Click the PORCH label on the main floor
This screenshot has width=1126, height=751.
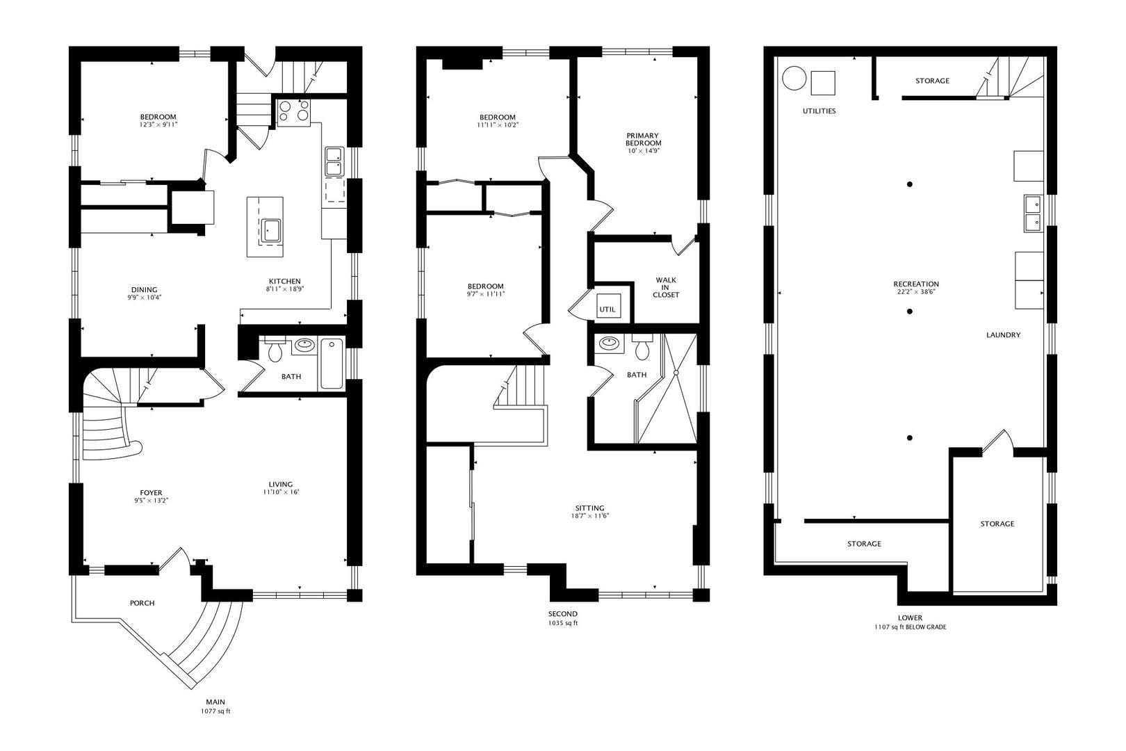142,603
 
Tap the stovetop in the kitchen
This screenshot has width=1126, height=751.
293,111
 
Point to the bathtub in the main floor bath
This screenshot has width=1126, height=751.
332,364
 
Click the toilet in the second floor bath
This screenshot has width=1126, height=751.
642,348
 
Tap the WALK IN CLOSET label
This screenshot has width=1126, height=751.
666,287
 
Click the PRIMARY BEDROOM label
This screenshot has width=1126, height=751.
643,139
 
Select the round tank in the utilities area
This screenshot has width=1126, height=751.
794,79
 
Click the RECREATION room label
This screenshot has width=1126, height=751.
916,284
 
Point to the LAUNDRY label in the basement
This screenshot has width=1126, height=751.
1003,335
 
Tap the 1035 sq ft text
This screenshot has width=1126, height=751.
562,623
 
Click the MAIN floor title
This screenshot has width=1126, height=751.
215,702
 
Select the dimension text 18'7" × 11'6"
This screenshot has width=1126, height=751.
589,515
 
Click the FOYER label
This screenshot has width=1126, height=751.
151,493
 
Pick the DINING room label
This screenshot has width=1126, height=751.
145,290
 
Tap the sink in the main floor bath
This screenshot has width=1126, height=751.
304,345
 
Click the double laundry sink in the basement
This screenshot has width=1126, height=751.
1033,213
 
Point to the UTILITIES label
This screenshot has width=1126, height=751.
819,111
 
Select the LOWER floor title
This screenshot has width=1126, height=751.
910,617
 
